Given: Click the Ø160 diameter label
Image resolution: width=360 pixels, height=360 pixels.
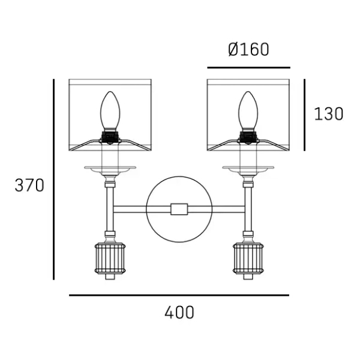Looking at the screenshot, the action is point(248,50).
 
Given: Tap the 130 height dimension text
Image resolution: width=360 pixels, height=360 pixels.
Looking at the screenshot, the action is point(329,114).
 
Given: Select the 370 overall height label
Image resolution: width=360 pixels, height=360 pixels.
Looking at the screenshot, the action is point(29,185).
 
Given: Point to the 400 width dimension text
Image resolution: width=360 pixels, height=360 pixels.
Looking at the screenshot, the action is point(179,313).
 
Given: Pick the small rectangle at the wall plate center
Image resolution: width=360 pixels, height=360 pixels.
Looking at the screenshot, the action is point(179,209).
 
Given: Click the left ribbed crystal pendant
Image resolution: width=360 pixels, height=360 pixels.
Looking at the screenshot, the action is point(110,258).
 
